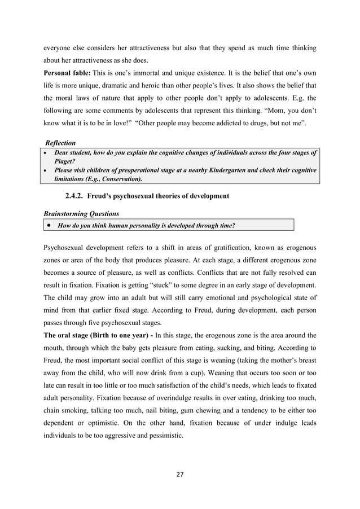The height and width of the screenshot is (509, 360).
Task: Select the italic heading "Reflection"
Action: [x=60, y=143]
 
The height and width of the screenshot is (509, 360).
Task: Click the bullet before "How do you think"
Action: [x=50, y=226]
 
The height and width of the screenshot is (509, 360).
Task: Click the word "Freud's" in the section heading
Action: [x=106, y=196]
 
